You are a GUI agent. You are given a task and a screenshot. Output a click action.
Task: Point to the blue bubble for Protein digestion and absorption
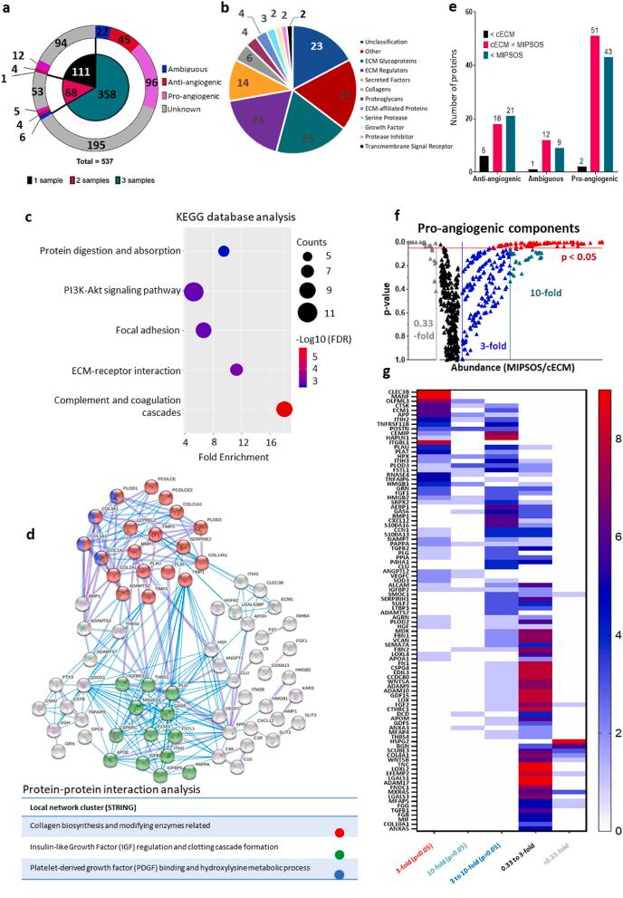click(x=224, y=251)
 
